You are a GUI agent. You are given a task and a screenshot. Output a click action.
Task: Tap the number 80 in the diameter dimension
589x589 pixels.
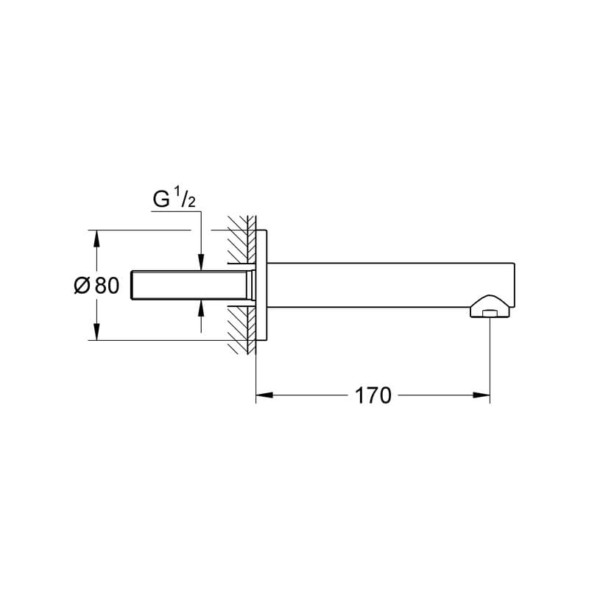click(x=107, y=286)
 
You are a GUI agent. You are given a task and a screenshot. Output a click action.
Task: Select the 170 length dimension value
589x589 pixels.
click(x=373, y=395)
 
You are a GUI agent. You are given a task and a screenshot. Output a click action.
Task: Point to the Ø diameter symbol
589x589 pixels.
click(x=82, y=286)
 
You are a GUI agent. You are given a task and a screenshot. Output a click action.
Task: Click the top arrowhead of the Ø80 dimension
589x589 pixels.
click(x=94, y=237)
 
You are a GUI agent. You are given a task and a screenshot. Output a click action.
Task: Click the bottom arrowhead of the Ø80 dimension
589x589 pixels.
click(x=94, y=334)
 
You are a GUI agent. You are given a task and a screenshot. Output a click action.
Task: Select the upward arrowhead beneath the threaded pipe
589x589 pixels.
click(x=201, y=308)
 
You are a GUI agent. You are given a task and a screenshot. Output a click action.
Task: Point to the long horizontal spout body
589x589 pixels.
click(x=383, y=284)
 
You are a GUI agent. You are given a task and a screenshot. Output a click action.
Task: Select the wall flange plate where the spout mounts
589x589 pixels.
click(x=261, y=286)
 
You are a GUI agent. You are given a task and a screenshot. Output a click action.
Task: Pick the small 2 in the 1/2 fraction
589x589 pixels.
click(x=191, y=203)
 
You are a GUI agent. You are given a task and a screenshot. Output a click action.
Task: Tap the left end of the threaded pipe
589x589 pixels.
click(x=133, y=286)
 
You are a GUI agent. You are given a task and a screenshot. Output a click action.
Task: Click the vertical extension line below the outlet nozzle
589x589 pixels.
click(x=490, y=353)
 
